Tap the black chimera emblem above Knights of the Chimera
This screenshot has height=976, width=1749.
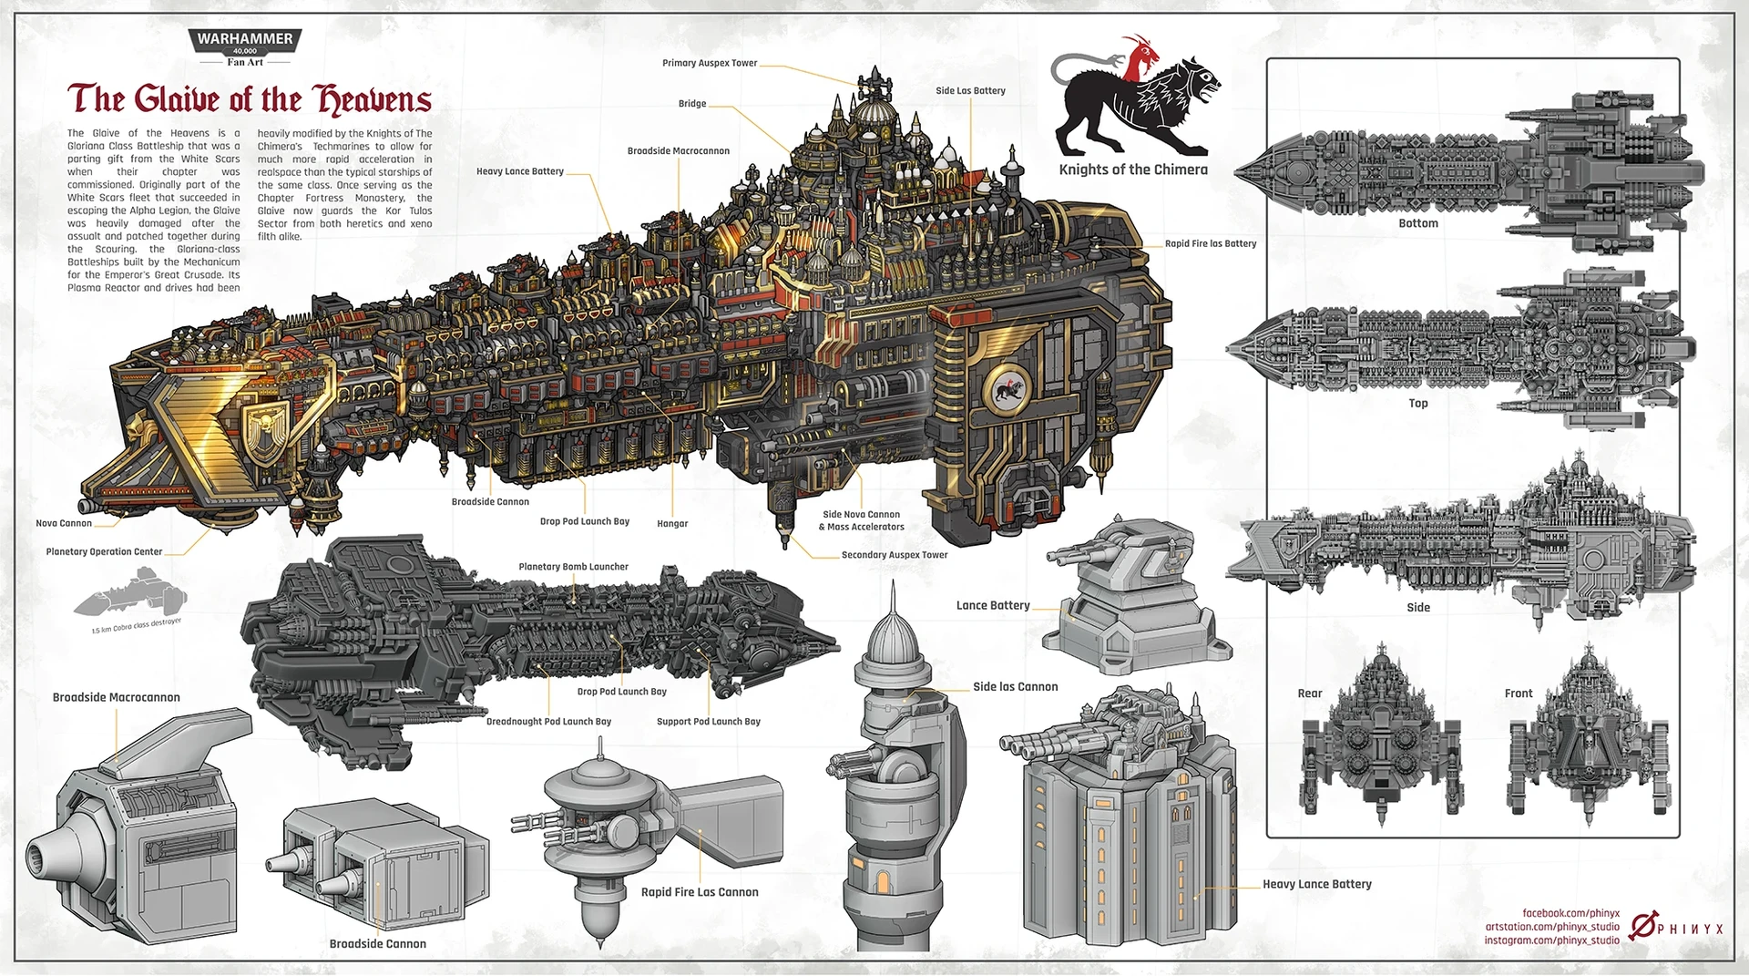tap(1135, 106)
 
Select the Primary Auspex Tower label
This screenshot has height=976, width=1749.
tap(710, 64)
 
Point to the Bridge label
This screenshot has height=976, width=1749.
tap(692, 104)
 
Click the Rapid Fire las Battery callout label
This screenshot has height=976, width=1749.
tap(1211, 244)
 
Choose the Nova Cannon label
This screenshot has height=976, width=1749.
tap(64, 524)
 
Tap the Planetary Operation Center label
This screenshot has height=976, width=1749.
tap(104, 552)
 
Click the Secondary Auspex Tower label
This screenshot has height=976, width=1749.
tap(895, 555)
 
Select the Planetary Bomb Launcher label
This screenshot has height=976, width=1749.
tap(573, 567)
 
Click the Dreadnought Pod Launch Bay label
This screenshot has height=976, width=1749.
tap(548, 722)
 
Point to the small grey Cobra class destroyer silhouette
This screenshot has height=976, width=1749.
tap(132, 595)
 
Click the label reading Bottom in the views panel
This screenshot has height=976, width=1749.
tap(1418, 223)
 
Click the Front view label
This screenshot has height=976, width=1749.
tap(1519, 693)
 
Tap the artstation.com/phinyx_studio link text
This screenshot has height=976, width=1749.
tap(1552, 927)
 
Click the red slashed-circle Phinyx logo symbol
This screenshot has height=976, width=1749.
tap(1642, 927)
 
